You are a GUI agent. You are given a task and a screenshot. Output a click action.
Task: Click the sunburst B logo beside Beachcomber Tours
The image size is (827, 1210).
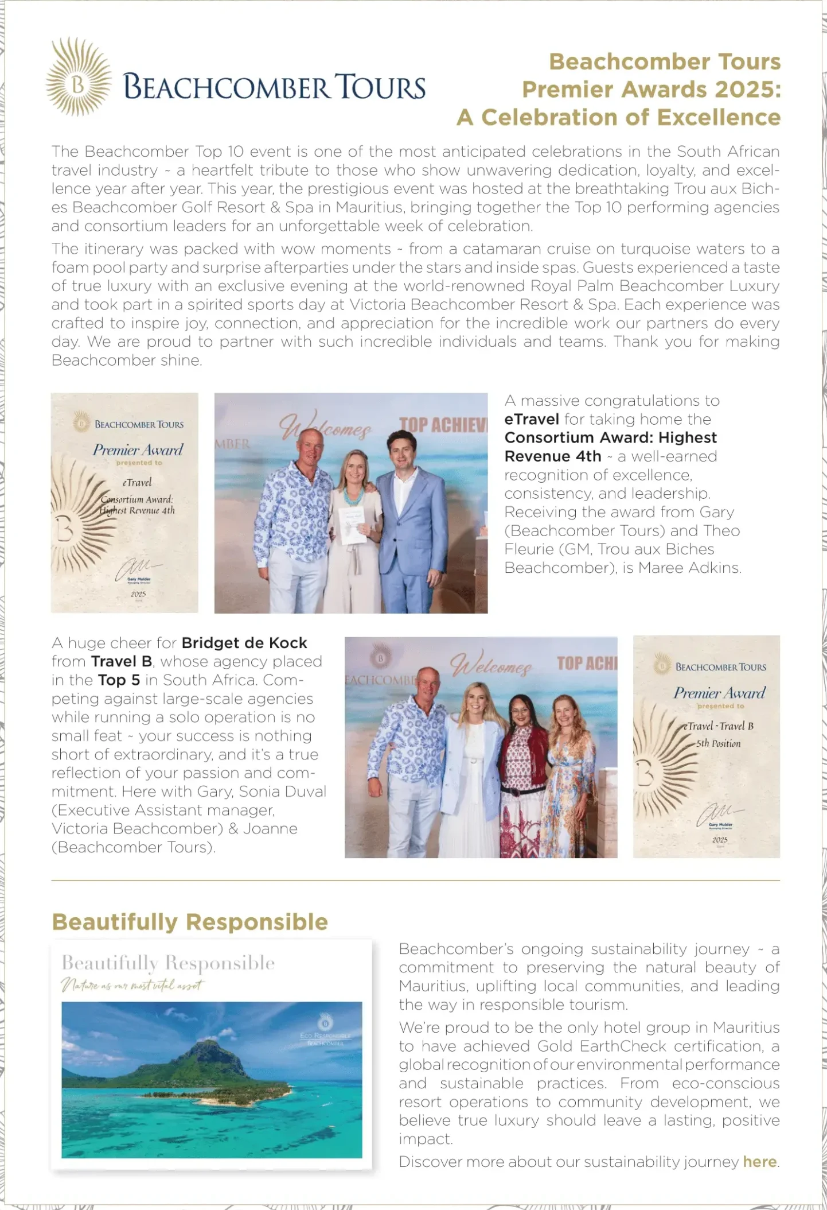[x=79, y=77]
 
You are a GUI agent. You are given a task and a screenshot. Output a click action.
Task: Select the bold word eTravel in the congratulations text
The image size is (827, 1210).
[x=531, y=420]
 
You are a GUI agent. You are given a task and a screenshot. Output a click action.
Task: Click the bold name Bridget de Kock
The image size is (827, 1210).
[x=244, y=643]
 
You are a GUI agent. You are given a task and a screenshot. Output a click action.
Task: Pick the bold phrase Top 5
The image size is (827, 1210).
[x=119, y=680]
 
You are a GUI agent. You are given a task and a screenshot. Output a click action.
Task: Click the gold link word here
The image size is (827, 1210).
[x=759, y=1162]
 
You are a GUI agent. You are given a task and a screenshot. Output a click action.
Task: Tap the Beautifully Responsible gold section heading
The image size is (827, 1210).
[x=190, y=922]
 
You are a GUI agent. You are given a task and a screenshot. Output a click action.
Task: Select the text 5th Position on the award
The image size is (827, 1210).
[x=718, y=744]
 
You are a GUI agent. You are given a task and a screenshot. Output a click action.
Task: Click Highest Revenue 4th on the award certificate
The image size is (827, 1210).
[x=138, y=510]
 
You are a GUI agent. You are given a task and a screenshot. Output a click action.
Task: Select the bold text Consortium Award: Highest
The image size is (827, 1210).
[x=610, y=438]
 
